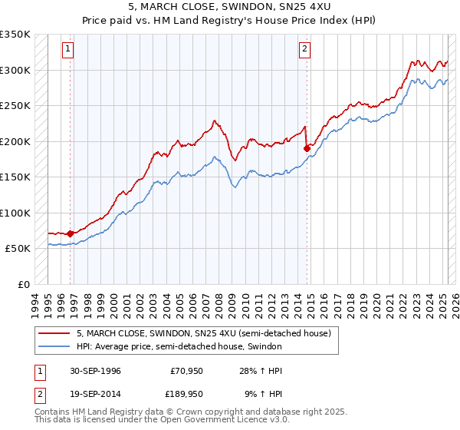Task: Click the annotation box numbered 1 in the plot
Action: tap(68, 49)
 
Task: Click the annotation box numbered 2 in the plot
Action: tap(304, 49)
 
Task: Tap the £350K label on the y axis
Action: tap(15, 35)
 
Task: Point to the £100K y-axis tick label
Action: tap(15, 213)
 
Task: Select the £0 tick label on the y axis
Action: tap(23, 284)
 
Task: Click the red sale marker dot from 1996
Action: tap(70, 233)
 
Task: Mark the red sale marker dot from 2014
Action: tap(307, 148)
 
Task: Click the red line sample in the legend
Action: tap(54, 333)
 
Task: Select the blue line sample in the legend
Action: tap(54, 347)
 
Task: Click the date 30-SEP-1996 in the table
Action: tap(97, 371)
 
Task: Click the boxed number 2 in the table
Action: tap(39, 393)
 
